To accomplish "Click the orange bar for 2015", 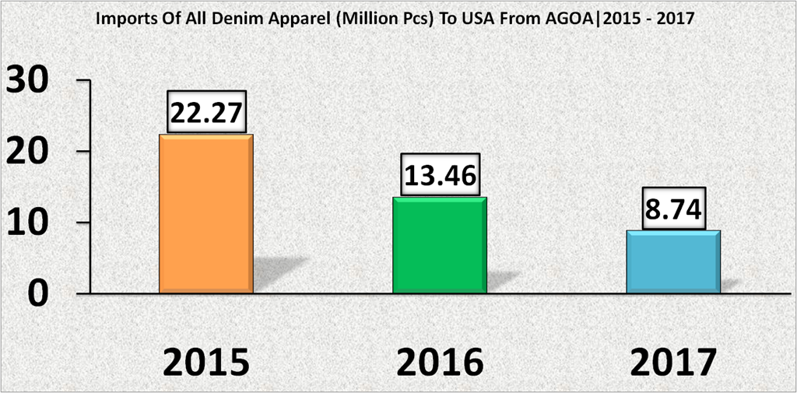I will (206, 214).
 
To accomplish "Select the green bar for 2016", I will (440, 245).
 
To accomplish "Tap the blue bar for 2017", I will (673, 261).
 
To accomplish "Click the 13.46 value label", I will (439, 176).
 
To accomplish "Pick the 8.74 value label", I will (673, 209).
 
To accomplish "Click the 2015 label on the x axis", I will (206, 362).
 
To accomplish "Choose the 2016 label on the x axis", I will (440, 362).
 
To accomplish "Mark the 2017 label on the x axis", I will (673, 362).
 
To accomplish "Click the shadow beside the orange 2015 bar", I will (276, 272).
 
